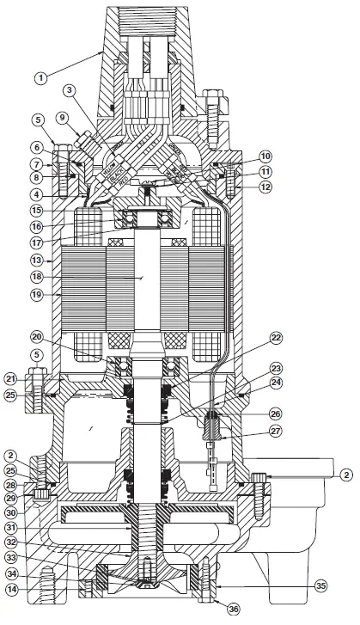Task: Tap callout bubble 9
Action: (62, 117)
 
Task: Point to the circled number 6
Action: (39, 148)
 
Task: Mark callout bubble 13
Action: (39, 259)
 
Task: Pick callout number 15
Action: (39, 210)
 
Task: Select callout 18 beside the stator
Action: (39, 278)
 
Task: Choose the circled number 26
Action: (276, 411)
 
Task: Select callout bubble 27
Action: (276, 432)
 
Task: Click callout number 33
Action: (39, 557)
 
